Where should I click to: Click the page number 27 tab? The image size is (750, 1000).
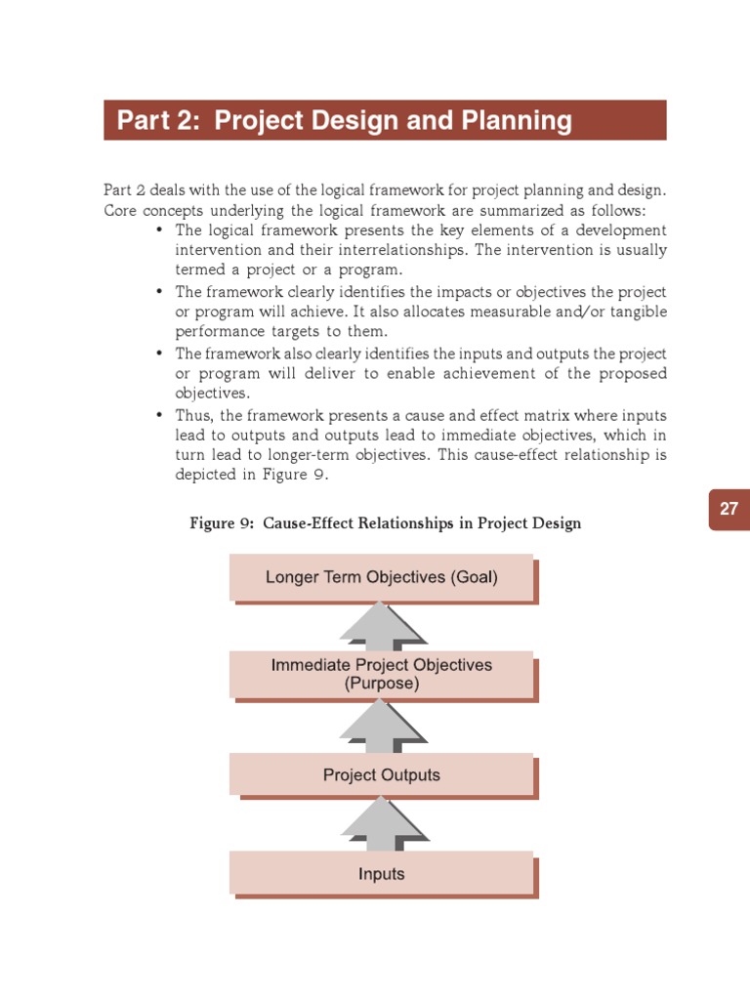pos(729,509)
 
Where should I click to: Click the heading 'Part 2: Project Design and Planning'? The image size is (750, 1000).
pos(345,121)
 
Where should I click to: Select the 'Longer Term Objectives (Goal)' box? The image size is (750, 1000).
pos(382,577)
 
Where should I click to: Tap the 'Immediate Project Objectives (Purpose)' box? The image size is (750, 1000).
pos(382,674)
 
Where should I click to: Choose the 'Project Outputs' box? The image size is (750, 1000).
pos(382,775)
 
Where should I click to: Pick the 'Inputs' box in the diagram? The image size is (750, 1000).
pos(382,873)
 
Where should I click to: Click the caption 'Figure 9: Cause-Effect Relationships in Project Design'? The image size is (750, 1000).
pos(385,523)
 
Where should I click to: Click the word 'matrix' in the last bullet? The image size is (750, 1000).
pos(508,416)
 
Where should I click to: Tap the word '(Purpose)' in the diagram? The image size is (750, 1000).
pos(382,684)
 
